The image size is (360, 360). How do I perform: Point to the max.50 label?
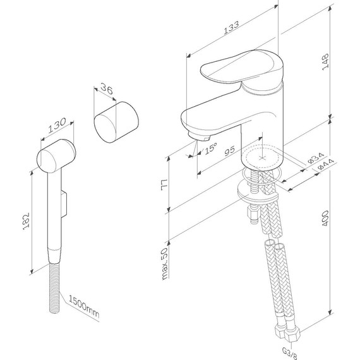click(x=165, y=263)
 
